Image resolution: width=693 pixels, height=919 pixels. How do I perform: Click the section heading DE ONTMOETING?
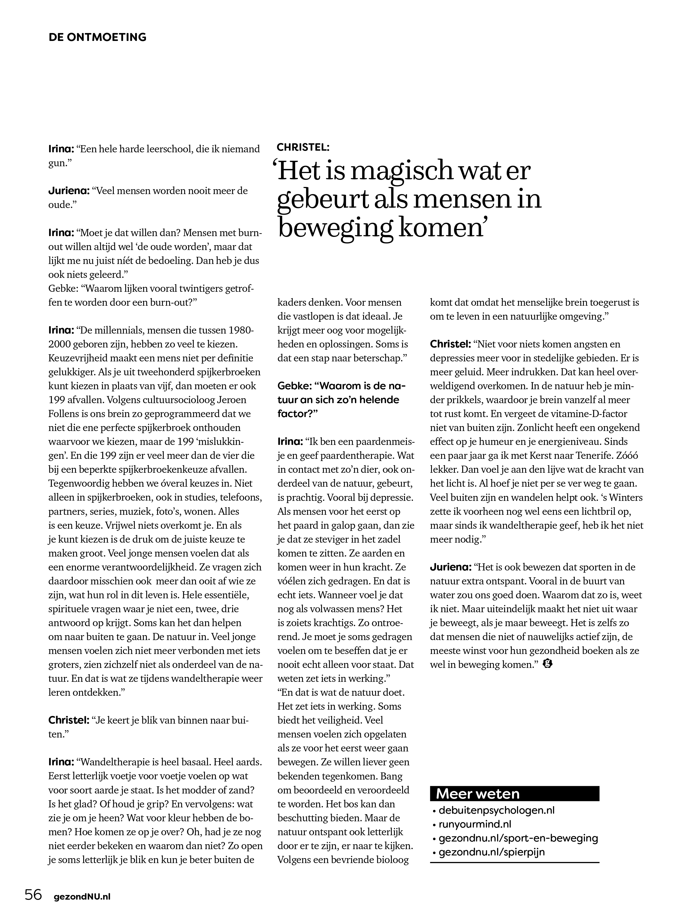pos(98,37)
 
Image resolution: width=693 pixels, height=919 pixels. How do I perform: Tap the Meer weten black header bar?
pos(515,793)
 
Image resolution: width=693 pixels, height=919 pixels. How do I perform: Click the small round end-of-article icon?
pos(548,664)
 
